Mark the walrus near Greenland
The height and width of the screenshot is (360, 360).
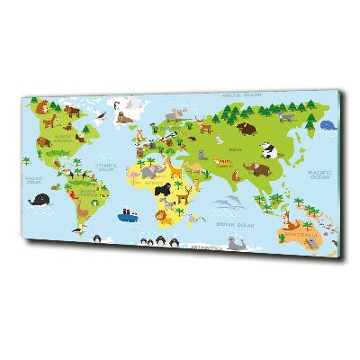(x=125, y=114)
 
